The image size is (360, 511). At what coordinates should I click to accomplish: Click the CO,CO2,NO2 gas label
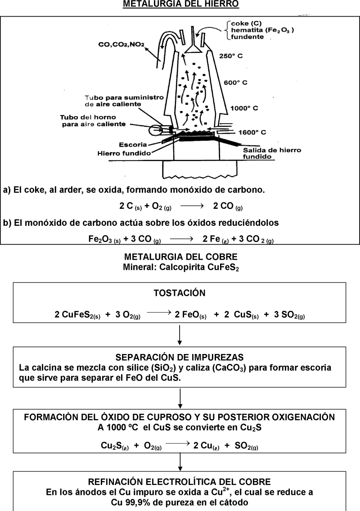[x=121, y=45]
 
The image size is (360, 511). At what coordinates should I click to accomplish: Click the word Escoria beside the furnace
[x=134, y=144]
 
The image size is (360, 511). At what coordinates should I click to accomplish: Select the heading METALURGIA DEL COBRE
[x=180, y=258]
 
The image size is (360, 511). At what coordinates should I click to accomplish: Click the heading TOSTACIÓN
[x=180, y=293]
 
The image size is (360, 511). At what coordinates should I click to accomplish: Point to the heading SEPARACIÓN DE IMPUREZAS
[x=180, y=358]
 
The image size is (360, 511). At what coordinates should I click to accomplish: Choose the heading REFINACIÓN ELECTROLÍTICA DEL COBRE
[x=180, y=481]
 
